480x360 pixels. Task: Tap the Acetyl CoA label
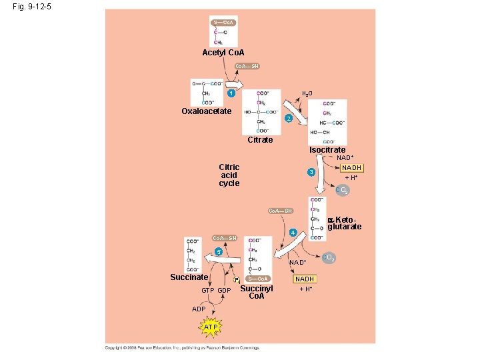coord(223,53)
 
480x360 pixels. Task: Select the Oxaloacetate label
coord(207,111)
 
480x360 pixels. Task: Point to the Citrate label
coord(260,140)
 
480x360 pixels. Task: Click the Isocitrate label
coord(327,150)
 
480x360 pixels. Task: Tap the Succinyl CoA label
coord(257,292)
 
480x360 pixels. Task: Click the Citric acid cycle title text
coord(229,175)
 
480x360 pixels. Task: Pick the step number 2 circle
coord(288,119)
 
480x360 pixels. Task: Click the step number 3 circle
coord(311,173)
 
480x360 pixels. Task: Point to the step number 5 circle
coord(216,252)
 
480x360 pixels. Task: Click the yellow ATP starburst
coord(211,328)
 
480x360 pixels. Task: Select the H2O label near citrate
coord(308,94)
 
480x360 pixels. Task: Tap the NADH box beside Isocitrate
coord(351,168)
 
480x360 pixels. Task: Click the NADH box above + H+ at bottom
coord(305,279)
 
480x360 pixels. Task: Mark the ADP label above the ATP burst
coord(199,309)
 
